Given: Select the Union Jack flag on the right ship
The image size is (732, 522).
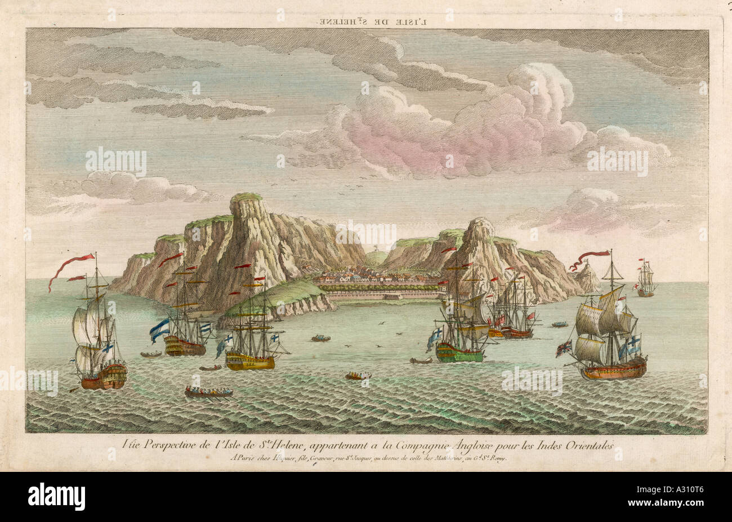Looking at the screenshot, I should (564, 349).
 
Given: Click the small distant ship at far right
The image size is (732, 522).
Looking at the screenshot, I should (646, 280).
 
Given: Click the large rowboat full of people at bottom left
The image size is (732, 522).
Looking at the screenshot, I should (208, 392).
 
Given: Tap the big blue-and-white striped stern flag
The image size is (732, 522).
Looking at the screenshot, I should (159, 329).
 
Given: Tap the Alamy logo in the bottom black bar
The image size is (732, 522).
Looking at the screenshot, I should (56, 497).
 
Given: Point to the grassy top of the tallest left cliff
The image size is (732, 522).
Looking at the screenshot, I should (247, 197).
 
